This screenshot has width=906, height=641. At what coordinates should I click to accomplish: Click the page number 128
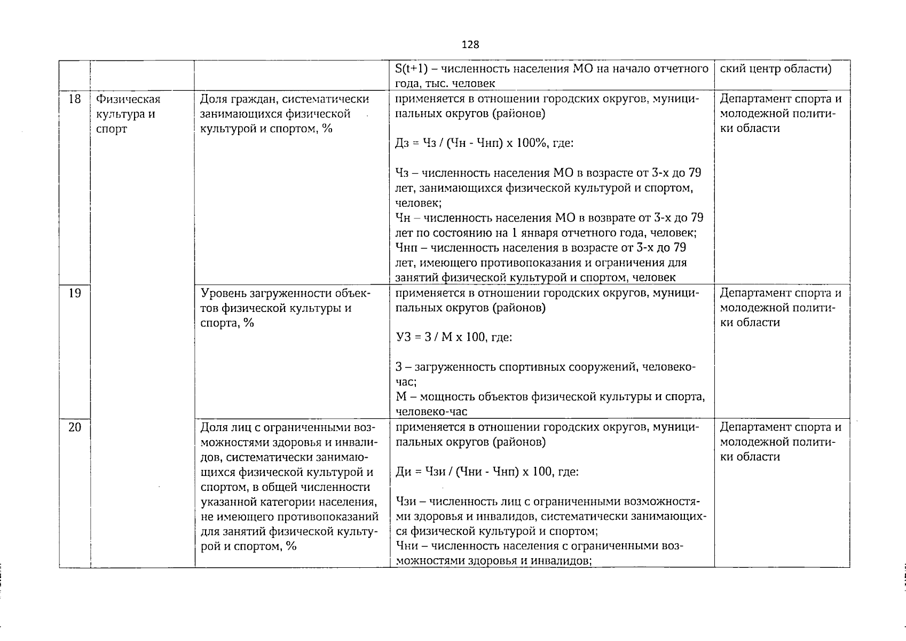click(x=470, y=45)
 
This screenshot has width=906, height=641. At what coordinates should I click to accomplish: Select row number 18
click(x=75, y=99)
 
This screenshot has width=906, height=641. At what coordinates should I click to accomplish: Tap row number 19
click(x=75, y=293)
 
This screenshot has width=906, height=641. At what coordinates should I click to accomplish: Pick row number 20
click(x=75, y=427)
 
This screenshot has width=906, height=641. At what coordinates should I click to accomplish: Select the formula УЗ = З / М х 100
click(x=454, y=338)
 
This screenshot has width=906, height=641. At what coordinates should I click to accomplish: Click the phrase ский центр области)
click(x=775, y=69)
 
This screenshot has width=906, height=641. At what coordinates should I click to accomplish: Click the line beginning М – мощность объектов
click(x=550, y=397)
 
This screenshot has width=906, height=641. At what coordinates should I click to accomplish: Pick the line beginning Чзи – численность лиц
click(x=547, y=502)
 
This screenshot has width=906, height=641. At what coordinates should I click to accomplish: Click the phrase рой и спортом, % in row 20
click(x=248, y=546)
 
